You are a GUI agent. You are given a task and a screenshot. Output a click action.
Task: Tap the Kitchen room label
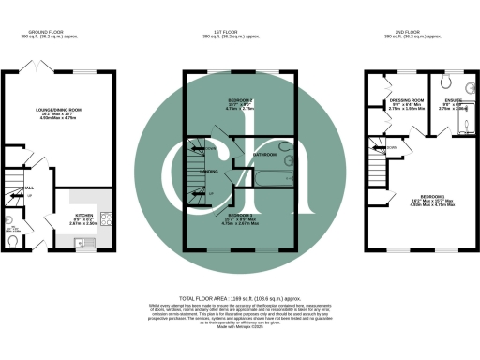(84, 215)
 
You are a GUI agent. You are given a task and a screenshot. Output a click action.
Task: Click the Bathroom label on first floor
(265, 153)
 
